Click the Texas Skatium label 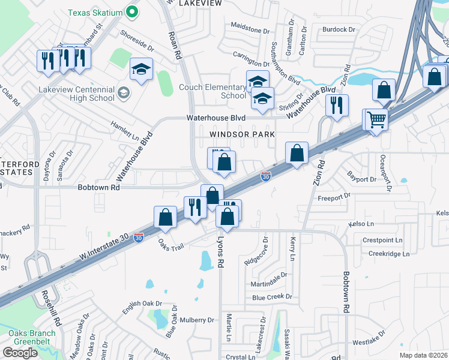95,12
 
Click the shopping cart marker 376,120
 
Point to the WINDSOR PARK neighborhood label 242,134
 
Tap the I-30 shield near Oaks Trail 139,238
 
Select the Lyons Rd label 220,254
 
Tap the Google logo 20,353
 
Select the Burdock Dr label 334,29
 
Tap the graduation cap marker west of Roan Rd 141,70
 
